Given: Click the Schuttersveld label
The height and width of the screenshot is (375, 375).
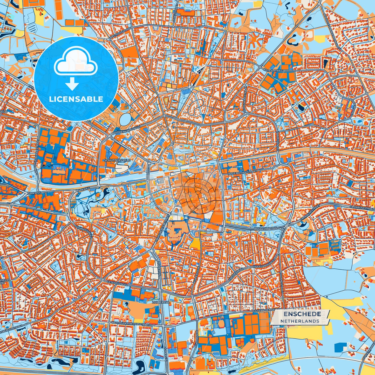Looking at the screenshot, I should (x=117, y=160).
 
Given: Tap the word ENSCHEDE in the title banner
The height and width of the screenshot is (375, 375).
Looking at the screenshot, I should (x=302, y=314).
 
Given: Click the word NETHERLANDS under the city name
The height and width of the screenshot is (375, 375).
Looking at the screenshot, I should (x=300, y=321).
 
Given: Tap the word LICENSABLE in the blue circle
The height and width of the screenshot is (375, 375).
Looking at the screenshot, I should (x=76, y=99).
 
